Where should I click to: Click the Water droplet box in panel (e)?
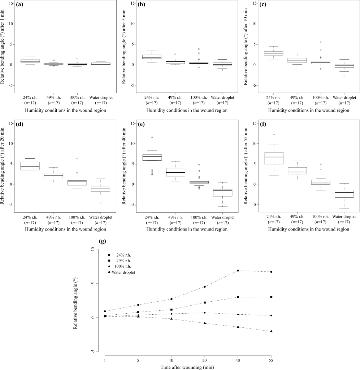(x=222, y=193)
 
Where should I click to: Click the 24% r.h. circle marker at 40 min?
(x=238, y=271)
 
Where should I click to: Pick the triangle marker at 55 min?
(x=271, y=331)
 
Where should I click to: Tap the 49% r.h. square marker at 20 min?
(x=205, y=302)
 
